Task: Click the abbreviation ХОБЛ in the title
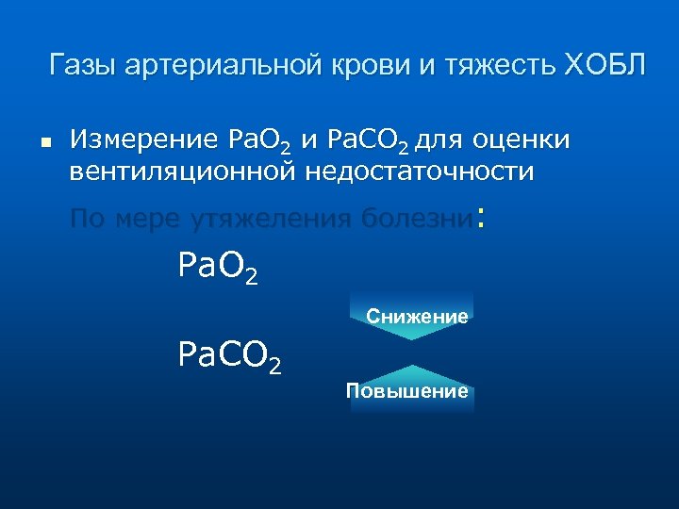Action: tap(605, 66)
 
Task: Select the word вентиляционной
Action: tap(181, 172)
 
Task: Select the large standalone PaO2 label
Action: tap(218, 270)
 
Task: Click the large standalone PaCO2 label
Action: tap(229, 356)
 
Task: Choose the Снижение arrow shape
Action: tap(411, 315)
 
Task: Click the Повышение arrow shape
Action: tap(411, 388)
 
